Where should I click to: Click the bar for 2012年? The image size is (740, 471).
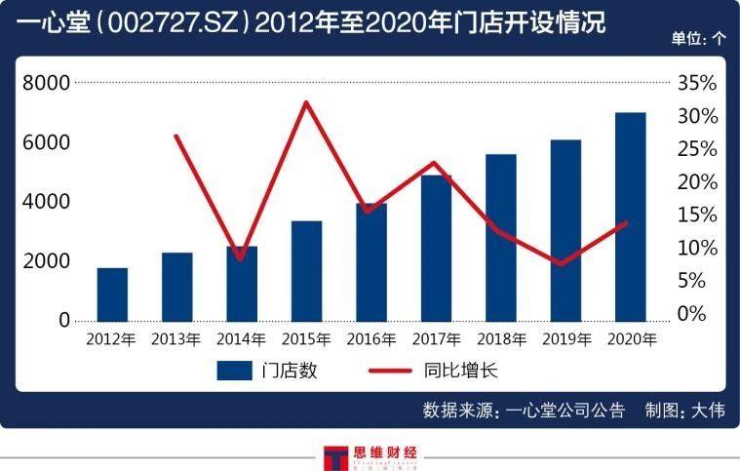(112, 294)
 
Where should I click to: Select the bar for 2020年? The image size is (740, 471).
(630, 216)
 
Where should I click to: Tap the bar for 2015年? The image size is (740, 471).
(306, 271)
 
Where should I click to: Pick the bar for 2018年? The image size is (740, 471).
(500, 238)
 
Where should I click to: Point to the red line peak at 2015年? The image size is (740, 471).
(307, 102)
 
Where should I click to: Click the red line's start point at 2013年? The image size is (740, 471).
(175, 136)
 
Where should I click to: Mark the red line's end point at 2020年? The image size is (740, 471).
(627, 222)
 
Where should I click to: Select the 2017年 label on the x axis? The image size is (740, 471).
(435, 339)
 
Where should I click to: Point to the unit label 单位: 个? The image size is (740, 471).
(698, 40)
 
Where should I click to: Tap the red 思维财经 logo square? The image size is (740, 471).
(333, 458)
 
